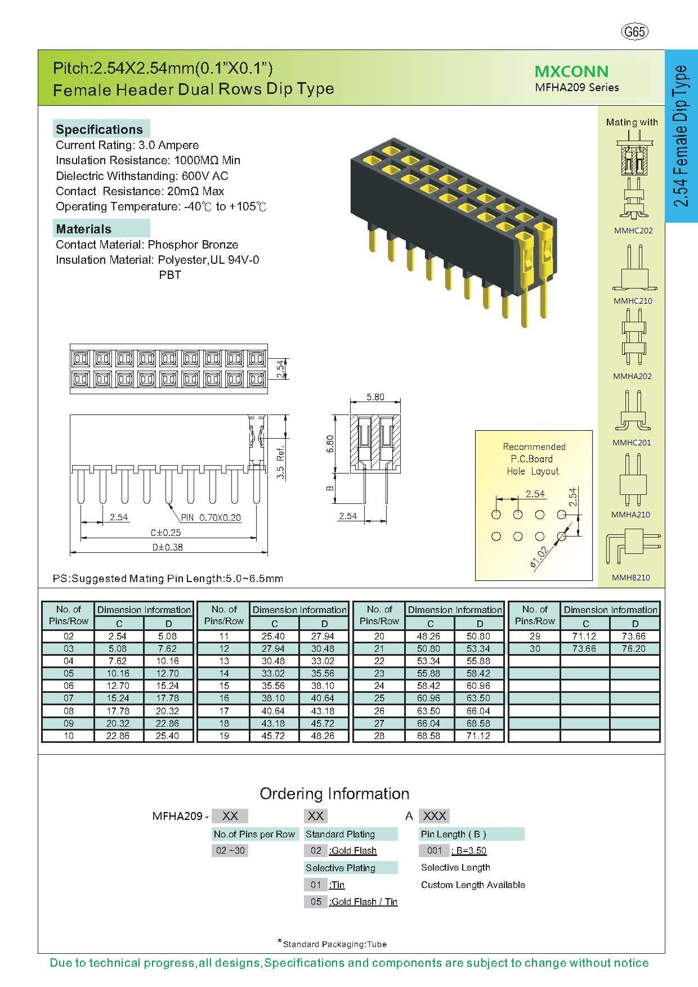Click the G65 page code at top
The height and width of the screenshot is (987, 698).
click(x=634, y=32)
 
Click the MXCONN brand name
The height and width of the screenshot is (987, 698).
click(x=571, y=71)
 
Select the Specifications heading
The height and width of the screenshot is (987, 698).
click(x=99, y=129)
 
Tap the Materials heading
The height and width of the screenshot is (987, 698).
click(x=83, y=229)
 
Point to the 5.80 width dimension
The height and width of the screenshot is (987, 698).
click(x=375, y=397)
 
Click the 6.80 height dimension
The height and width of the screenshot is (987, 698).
click(x=331, y=444)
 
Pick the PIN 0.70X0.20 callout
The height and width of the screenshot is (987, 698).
click(x=211, y=517)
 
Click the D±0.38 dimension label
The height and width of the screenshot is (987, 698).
click(x=167, y=547)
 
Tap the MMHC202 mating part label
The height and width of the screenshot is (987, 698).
click(x=633, y=231)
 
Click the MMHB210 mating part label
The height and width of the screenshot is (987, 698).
click(x=631, y=578)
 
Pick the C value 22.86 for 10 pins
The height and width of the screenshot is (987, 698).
click(x=118, y=736)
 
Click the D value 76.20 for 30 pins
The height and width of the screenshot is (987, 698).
click(x=635, y=648)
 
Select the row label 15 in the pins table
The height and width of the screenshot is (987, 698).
click(x=224, y=686)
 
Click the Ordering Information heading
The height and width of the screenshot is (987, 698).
click(x=334, y=794)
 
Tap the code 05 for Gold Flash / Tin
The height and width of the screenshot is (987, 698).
click(x=316, y=902)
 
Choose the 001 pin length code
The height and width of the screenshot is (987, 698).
click(x=434, y=850)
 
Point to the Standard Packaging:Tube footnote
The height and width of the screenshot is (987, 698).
click(x=334, y=944)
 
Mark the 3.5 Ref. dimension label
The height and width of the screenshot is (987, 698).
click(x=281, y=462)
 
